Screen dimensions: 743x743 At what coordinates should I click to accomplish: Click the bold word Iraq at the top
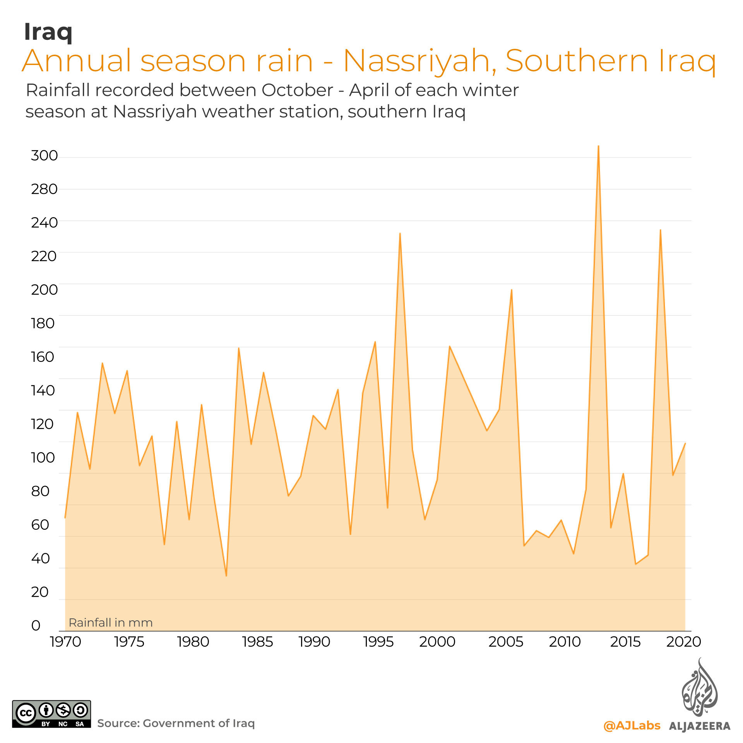[x=48, y=32]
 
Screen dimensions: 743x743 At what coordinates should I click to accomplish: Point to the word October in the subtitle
[x=297, y=90]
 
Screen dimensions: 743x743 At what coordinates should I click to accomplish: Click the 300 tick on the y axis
[x=44, y=156]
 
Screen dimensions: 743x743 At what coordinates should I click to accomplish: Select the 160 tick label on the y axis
[x=43, y=357]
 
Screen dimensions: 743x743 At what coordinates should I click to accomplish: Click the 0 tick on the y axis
[x=36, y=625]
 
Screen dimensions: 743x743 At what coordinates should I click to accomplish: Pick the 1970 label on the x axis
[x=65, y=642]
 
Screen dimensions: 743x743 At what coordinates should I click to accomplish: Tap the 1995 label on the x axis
[x=378, y=642]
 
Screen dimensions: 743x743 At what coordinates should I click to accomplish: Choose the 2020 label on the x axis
[x=683, y=642]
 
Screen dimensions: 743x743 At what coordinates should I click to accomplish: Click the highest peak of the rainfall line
[x=598, y=146]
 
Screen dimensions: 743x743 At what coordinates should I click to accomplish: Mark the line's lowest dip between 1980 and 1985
[x=226, y=576]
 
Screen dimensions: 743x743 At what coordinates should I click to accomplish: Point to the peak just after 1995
[x=400, y=233]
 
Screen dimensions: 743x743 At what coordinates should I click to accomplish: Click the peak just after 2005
[x=512, y=290]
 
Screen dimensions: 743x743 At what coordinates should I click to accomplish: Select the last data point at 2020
[x=685, y=443]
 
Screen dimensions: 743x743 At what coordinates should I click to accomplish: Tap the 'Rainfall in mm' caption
[x=111, y=623]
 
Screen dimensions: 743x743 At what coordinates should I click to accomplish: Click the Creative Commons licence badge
[x=51, y=714]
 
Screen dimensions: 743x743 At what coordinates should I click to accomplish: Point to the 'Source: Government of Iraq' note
[x=176, y=723]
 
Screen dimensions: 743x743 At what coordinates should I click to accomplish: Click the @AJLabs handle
[x=632, y=725]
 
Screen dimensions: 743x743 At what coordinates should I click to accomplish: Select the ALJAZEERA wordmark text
[x=700, y=726]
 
